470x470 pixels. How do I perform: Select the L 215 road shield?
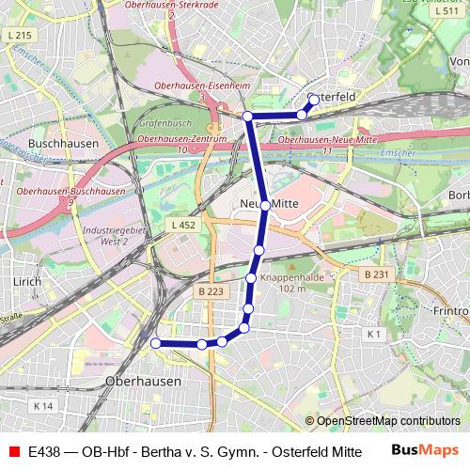point(17,35)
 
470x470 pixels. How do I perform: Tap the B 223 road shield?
point(211,292)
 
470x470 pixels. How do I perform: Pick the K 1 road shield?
point(374,334)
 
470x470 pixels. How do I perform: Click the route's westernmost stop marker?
point(156,344)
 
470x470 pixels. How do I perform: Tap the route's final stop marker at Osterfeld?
point(314,99)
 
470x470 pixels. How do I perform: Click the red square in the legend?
point(14,450)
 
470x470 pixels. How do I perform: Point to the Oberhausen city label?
point(143,382)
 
